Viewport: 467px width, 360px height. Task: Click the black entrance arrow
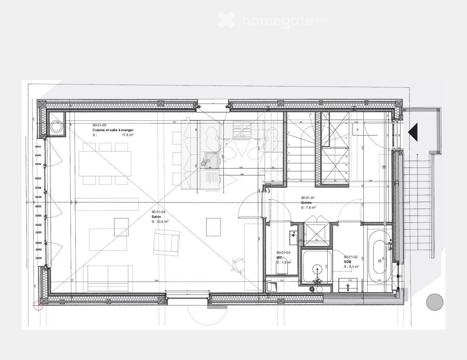point(413,132)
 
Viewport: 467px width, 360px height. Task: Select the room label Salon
point(156,217)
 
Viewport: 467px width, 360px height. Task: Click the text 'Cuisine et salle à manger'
point(113,130)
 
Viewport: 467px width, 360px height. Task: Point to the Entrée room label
point(306,203)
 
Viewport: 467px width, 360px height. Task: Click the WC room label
point(279,258)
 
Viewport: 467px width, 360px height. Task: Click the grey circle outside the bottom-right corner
point(434,302)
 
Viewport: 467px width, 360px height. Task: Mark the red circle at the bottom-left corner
point(38,306)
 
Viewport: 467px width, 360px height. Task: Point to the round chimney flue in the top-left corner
point(57,127)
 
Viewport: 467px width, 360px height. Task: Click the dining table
point(105,164)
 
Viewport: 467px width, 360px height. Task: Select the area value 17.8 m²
point(128,135)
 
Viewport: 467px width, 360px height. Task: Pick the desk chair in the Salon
point(238,264)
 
